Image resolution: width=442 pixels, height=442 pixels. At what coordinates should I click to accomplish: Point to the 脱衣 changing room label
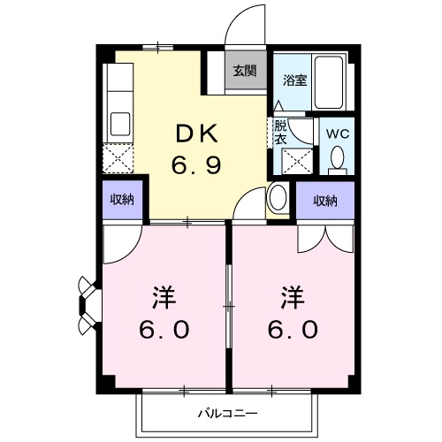(x=280, y=132)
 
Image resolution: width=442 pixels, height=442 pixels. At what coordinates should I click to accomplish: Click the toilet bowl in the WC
(x=337, y=159)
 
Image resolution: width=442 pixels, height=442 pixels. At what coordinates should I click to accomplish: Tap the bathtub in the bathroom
(x=332, y=84)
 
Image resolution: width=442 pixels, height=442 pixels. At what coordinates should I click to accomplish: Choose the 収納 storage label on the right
(x=325, y=201)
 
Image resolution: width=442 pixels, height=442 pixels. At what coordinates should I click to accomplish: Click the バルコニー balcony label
(x=226, y=413)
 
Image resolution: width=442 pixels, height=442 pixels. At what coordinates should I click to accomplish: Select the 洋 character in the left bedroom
(x=164, y=294)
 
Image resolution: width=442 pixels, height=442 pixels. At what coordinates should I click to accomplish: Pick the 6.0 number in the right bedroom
(x=289, y=329)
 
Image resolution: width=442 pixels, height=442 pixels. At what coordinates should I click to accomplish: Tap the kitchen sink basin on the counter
(x=118, y=122)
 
